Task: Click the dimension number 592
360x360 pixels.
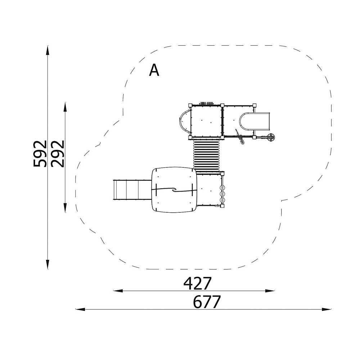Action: pyautogui.click(x=40, y=153)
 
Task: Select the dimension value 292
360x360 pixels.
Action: pyautogui.click(x=57, y=153)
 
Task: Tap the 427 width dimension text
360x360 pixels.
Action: pyautogui.click(x=197, y=284)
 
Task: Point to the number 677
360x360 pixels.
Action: pyautogui.click(x=207, y=302)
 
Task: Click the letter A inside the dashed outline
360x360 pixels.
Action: pyautogui.click(x=154, y=70)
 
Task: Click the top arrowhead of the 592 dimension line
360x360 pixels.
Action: pyautogui.click(x=48, y=50)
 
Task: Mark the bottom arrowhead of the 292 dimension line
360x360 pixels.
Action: pyautogui.click(x=65, y=208)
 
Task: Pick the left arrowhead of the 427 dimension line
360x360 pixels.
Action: pyautogui.click(x=118, y=291)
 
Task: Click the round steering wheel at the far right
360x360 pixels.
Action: pyautogui.click(x=271, y=137)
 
